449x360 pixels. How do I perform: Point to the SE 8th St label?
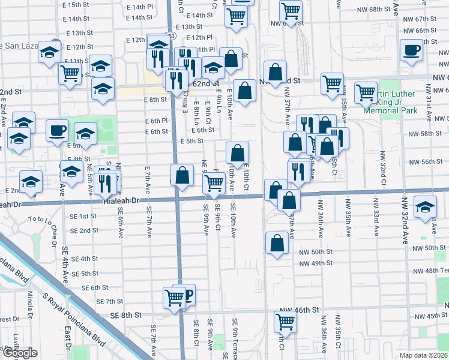point(126,314)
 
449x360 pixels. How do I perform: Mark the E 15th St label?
point(76,5)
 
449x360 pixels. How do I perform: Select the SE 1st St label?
point(83,216)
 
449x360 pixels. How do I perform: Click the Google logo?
point(20,353)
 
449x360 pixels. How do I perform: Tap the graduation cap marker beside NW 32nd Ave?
point(425,207)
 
